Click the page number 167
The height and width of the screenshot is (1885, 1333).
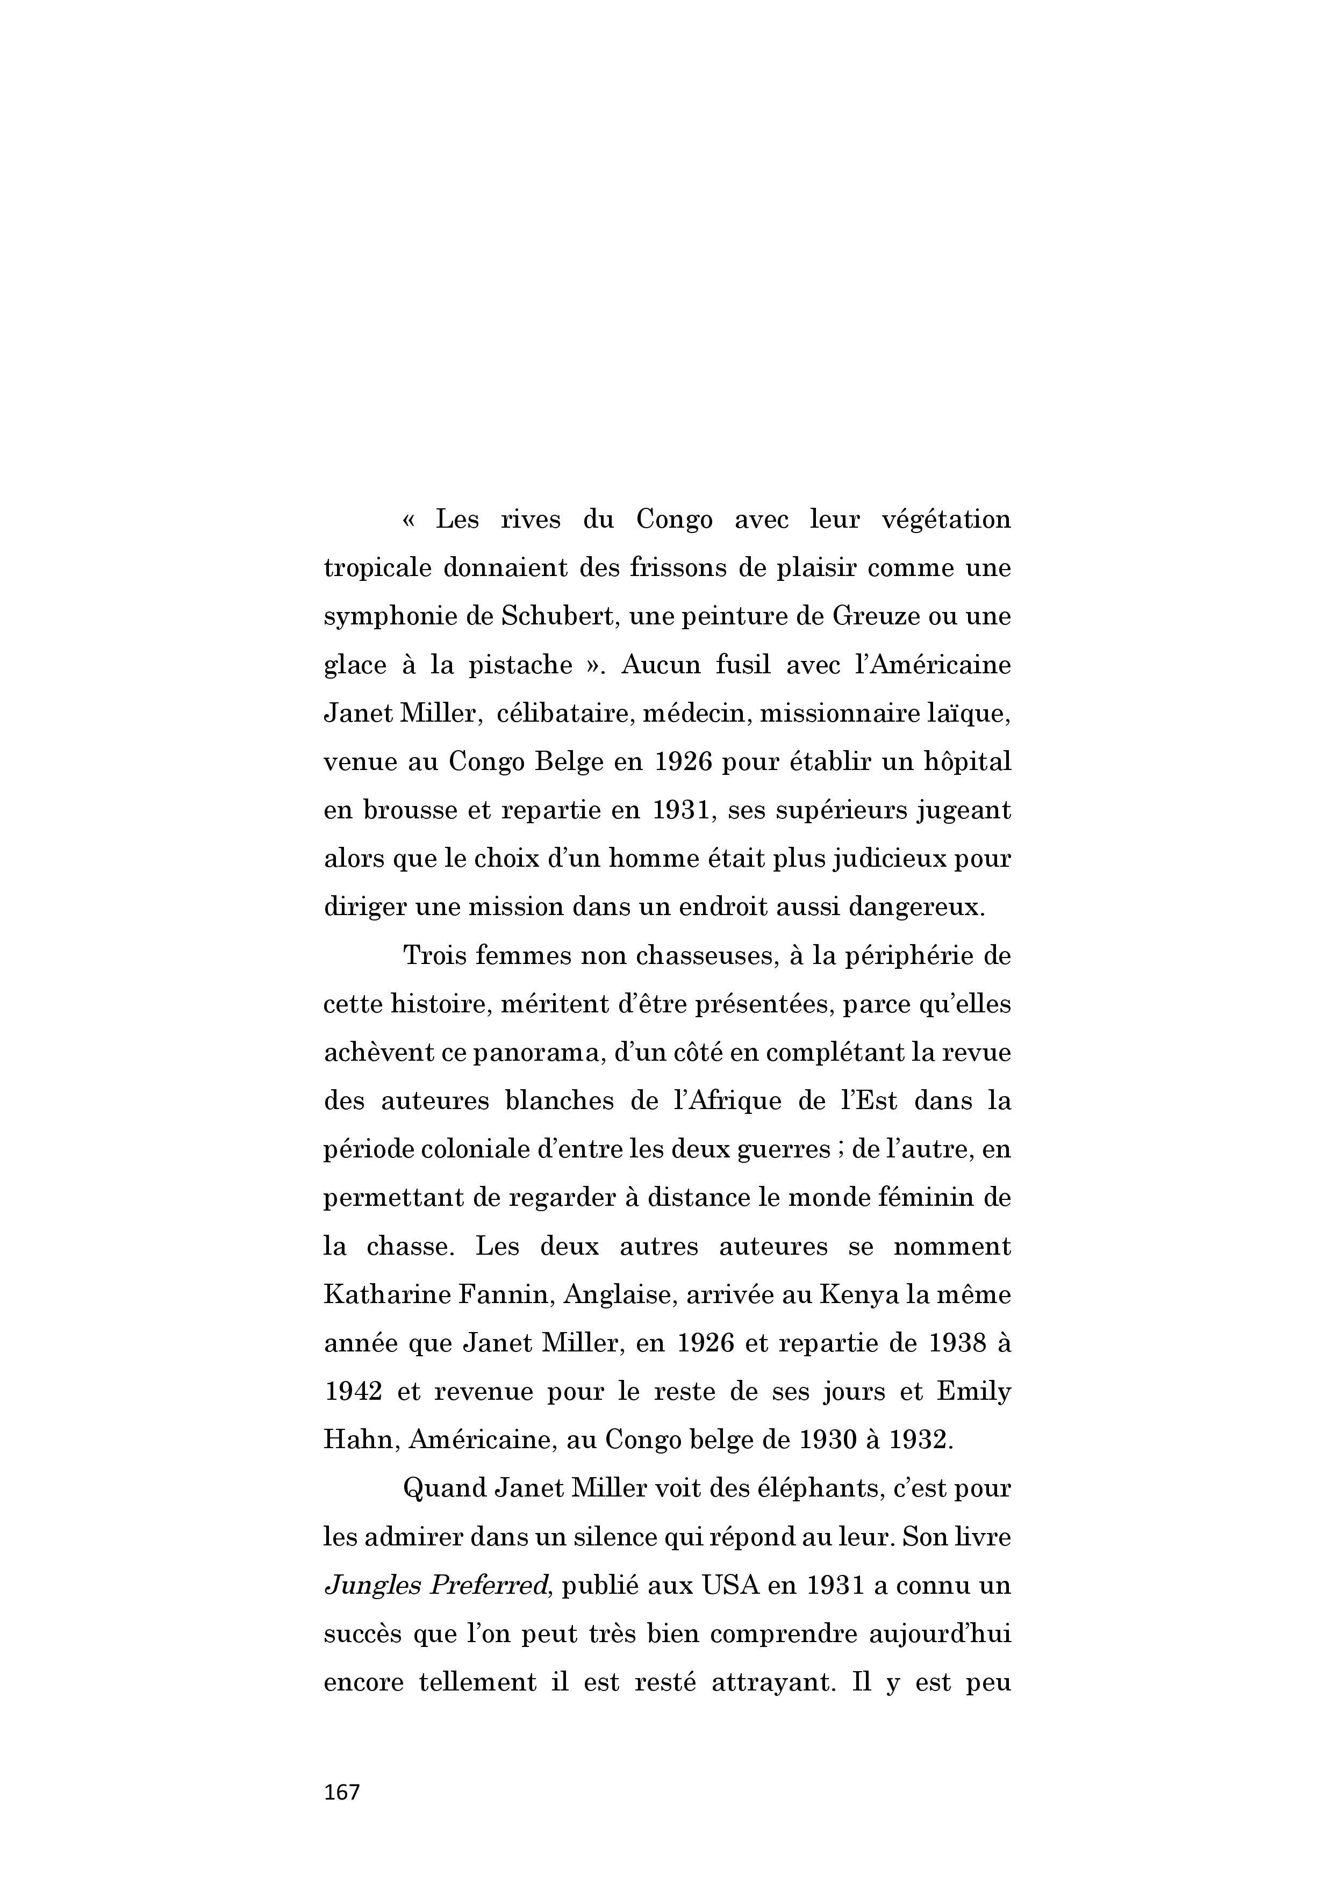click(342, 1792)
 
